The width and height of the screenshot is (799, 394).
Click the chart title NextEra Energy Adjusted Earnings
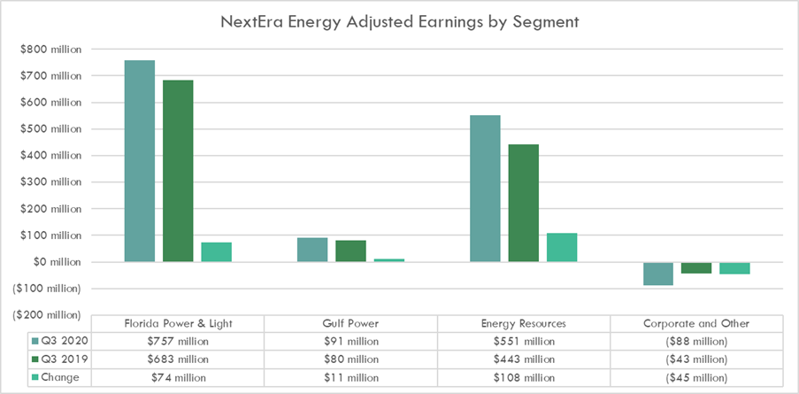pos(399,22)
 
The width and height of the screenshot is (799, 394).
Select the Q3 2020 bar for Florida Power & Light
pos(140,160)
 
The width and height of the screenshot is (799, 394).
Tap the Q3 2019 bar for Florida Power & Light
pos(178,171)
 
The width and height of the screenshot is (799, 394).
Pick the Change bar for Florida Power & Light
pos(216,251)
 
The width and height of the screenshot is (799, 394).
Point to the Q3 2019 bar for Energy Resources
pos(523,203)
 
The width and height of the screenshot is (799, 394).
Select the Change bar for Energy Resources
pos(561,247)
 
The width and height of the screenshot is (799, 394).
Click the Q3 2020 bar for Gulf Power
pos(312,250)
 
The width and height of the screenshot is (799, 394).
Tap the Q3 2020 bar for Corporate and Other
pos(657,274)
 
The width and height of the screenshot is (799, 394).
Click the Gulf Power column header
pos(350,323)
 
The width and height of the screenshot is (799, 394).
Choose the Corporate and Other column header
pos(695,323)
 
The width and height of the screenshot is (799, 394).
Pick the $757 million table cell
pos(178,342)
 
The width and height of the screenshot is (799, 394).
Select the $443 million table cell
pos(523,359)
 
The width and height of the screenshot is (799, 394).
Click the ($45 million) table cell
pos(695,377)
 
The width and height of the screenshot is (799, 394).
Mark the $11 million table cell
pos(350,377)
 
